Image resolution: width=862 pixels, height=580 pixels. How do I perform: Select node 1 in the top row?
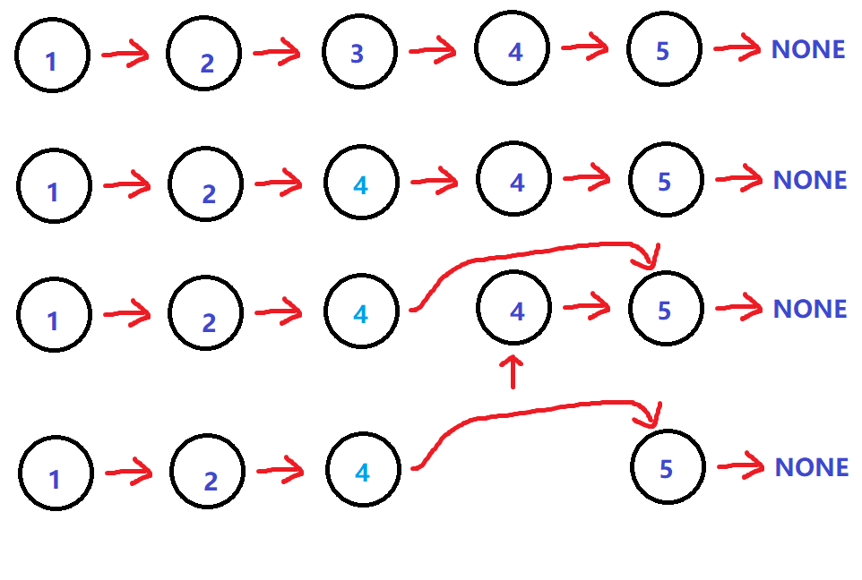pos(52,55)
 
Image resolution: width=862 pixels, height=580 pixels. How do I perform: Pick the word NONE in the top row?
pos(808,50)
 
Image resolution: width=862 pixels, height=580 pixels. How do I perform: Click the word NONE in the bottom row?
pos(811,467)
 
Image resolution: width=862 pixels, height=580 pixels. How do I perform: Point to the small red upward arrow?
pos(513,371)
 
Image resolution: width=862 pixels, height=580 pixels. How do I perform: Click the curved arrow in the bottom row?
pos(538,414)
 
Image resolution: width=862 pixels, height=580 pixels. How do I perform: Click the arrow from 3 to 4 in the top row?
pos(433,51)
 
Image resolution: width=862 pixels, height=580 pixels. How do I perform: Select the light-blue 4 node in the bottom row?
pos(362,471)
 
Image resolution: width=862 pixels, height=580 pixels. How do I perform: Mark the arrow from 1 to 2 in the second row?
pos(127,185)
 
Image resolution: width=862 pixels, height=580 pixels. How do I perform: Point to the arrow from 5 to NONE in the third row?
pos(735,310)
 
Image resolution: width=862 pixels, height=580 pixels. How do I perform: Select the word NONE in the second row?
pos(809,181)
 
